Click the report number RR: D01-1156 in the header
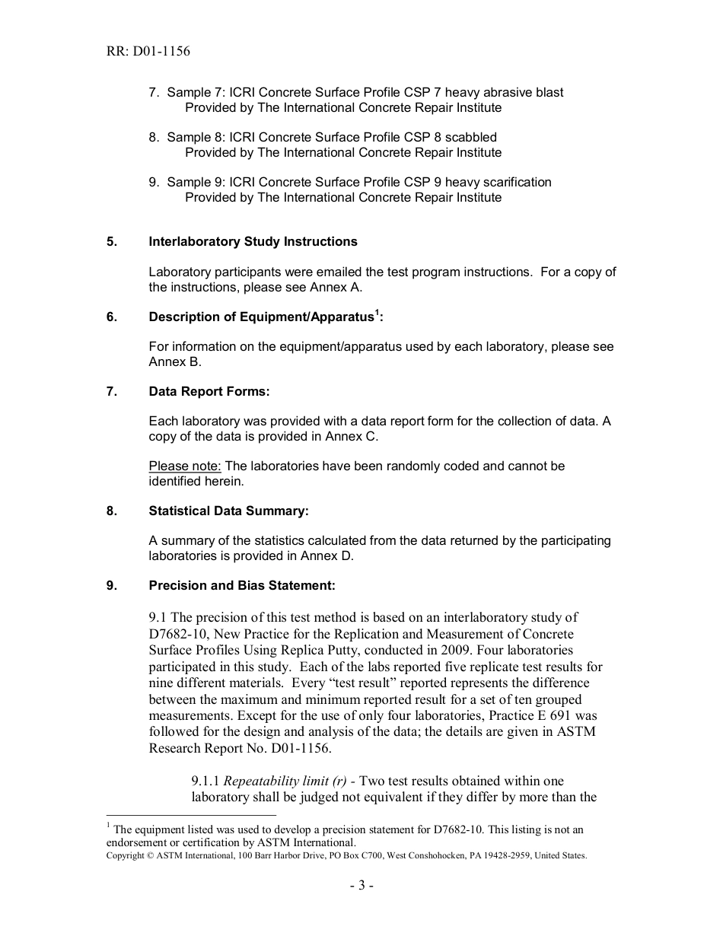[x=149, y=52]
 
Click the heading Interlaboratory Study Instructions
[x=253, y=242]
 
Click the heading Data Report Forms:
[x=209, y=392]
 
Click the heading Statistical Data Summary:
[x=228, y=511]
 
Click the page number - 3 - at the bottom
[x=361, y=886]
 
